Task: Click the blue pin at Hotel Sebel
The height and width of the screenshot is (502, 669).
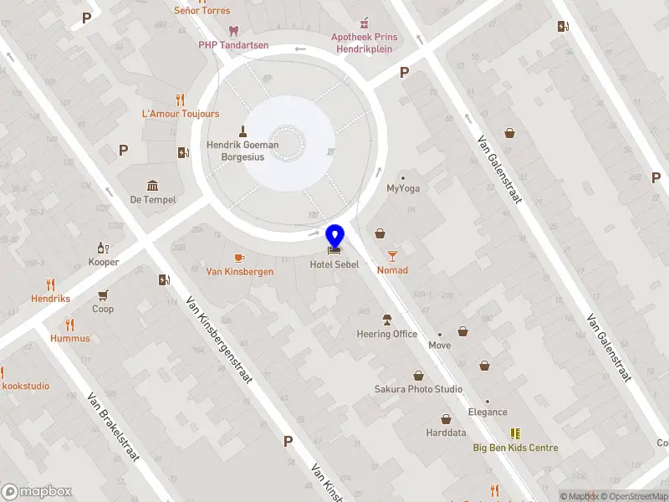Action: (334, 237)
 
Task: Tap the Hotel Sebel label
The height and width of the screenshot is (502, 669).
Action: (334, 264)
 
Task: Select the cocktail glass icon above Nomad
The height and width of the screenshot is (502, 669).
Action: (392, 256)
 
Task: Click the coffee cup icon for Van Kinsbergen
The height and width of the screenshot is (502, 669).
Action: (239, 258)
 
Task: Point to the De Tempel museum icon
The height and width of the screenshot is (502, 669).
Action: (152, 185)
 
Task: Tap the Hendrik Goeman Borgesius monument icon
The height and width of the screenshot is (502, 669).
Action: (243, 131)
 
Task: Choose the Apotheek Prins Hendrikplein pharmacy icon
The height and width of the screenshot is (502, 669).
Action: (364, 23)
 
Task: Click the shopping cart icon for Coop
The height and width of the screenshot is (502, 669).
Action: (103, 295)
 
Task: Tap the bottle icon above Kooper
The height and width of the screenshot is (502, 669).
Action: (104, 248)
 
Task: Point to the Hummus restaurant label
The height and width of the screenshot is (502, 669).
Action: (69, 339)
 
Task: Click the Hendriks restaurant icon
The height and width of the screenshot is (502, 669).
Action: (50, 284)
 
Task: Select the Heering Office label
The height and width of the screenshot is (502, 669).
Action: (386, 334)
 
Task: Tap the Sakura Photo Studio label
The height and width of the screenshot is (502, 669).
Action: (418, 389)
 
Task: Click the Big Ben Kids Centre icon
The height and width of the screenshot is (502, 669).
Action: (515, 433)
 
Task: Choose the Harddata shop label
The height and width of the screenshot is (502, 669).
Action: (446, 433)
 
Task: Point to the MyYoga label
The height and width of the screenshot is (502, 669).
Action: (403, 188)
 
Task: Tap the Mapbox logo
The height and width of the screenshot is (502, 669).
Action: (36, 492)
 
